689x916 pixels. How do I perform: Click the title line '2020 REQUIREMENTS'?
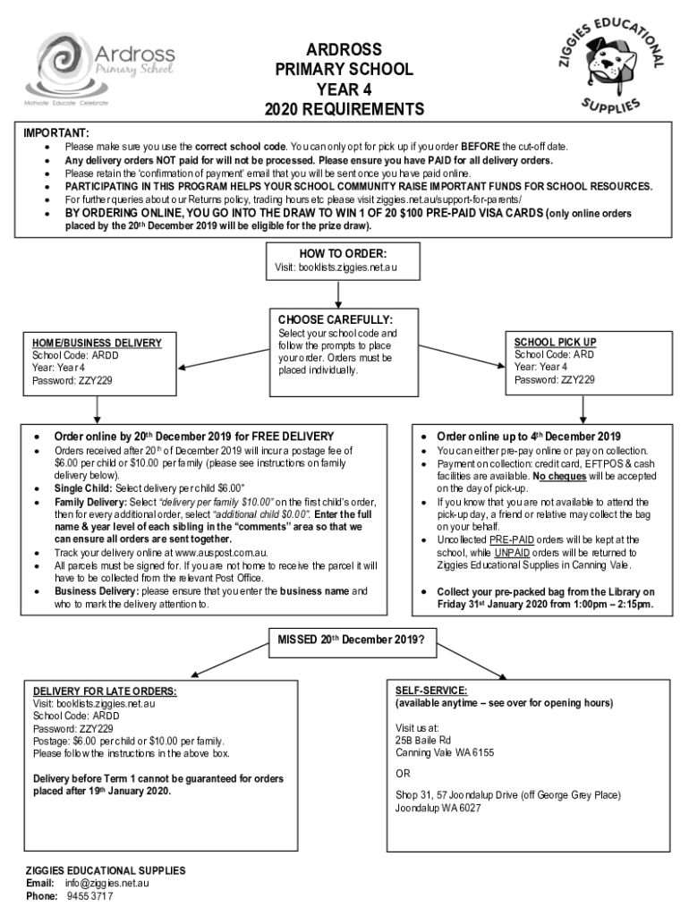click(x=344, y=110)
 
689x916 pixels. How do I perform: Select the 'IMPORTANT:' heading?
click(x=55, y=132)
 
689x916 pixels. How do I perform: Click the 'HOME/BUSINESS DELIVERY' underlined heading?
click(x=97, y=343)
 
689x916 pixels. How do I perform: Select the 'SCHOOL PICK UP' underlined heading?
click(x=555, y=342)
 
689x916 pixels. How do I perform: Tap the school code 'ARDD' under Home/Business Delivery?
click(x=105, y=355)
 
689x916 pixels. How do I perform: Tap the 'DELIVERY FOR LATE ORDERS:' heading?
click(x=105, y=691)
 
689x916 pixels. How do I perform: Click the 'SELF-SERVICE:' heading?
click(x=430, y=691)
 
